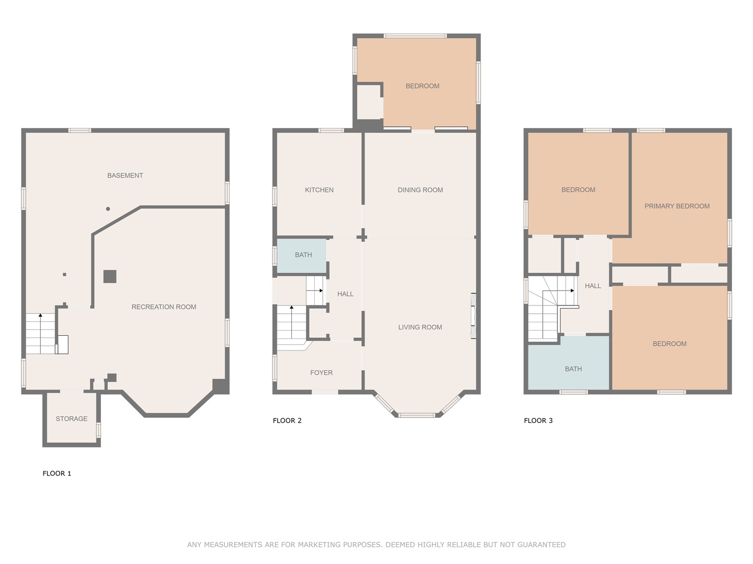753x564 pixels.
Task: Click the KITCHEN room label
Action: point(319,190)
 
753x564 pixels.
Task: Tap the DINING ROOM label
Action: point(420,190)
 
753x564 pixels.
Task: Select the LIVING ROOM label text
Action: point(420,327)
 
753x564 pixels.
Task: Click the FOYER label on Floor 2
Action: point(321,373)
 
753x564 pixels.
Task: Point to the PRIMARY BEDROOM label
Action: point(677,206)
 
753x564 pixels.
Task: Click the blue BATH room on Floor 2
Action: point(303,255)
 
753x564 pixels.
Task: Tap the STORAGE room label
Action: point(72,419)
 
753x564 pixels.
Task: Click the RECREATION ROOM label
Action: point(164,307)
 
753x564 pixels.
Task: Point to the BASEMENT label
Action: point(125,175)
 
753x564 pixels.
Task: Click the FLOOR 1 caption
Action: point(56,474)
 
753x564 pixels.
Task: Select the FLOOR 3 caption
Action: point(538,420)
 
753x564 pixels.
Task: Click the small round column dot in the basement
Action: point(108,209)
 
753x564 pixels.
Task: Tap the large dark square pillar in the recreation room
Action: point(109,276)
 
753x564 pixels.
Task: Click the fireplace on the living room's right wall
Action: point(473,316)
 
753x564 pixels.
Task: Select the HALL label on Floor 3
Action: point(592,286)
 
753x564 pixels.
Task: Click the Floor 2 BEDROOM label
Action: point(423,86)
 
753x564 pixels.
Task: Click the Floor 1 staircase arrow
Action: point(40,316)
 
